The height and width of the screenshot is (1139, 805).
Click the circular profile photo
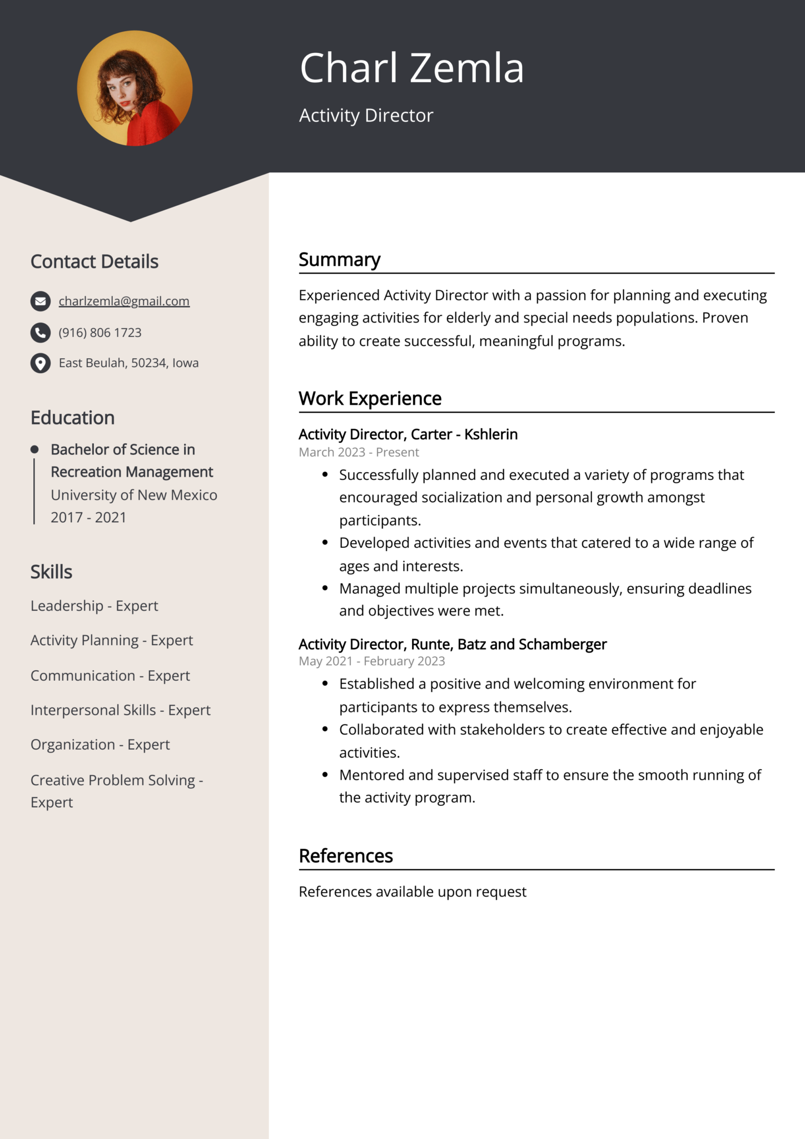135,88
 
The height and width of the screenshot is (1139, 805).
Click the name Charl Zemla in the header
411,68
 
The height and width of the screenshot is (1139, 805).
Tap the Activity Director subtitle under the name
366,116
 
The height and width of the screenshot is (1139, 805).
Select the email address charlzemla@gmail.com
124,301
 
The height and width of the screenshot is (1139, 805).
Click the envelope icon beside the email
40,301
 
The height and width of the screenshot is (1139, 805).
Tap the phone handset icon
40,333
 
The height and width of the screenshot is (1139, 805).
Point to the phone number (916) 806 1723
100,333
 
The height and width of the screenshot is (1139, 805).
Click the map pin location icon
40,363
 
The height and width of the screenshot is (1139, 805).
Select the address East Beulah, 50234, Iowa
128,363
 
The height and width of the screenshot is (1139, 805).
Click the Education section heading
72,418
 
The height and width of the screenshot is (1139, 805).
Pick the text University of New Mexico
134,495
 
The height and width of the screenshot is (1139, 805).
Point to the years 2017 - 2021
88,517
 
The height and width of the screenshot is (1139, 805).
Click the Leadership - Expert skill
94,606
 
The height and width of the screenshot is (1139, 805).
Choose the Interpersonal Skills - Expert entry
120,710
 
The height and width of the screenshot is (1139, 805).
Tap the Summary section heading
339,260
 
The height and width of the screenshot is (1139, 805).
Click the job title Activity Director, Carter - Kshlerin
408,434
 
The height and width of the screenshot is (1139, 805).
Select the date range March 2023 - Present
359,452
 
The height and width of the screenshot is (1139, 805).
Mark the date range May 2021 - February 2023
371,661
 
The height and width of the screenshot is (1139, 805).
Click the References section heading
345,856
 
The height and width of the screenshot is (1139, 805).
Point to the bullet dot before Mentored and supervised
325,775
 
